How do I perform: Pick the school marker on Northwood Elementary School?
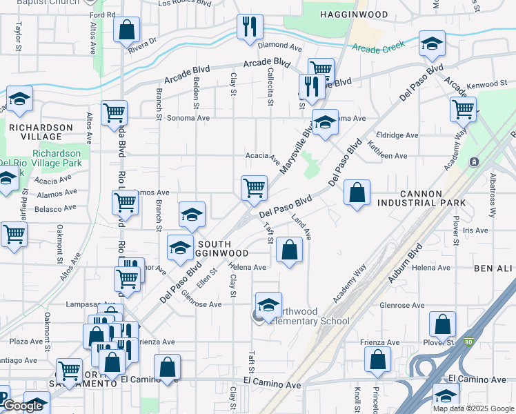[x=268, y=304]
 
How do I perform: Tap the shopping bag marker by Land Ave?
[x=289, y=250]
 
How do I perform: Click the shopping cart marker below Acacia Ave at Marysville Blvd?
[x=254, y=187]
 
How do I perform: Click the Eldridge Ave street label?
[x=397, y=136]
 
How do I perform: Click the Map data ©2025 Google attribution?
[x=473, y=408]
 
